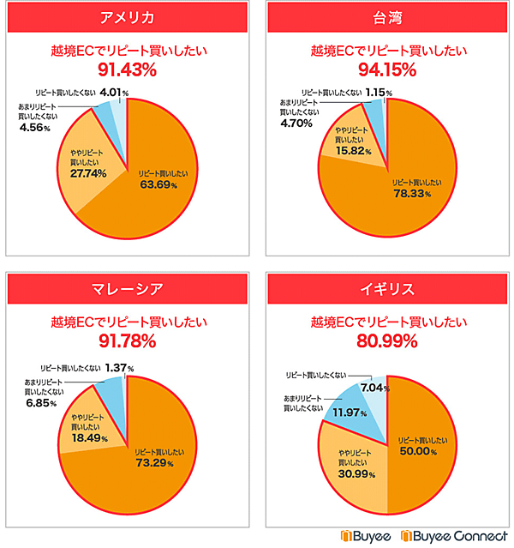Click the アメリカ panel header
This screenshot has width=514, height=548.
pyautogui.click(x=126, y=19)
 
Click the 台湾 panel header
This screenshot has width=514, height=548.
pyautogui.click(x=387, y=19)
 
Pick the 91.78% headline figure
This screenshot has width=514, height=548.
pyautogui.click(x=126, y=341)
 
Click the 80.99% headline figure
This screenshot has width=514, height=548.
pyautogui.click(x=387, y=341)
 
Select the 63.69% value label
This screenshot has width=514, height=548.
pyautogui.click(x=158, y=184)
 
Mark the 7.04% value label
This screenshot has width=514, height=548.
pyautogui.click(x=374, y=388)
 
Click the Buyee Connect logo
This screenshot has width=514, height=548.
pyautogui.click(x=458, y=536)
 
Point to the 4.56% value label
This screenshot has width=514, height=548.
pyautogui.click(x=34, y=128)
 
